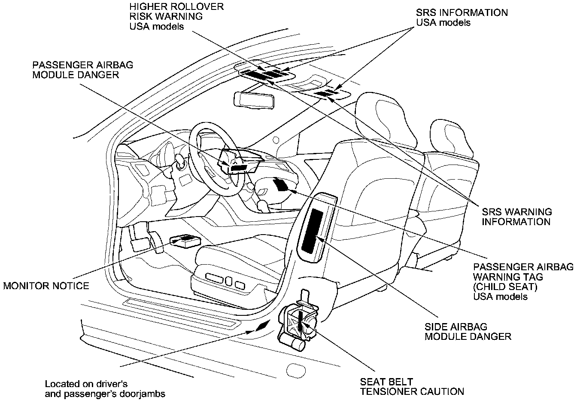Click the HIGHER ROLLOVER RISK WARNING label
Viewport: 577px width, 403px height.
coord(176,17)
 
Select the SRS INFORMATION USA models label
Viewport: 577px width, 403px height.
coord(462,17)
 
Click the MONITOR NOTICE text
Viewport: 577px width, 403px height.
coord(46,286)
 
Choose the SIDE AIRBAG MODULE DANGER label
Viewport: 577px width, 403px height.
coord(468,332)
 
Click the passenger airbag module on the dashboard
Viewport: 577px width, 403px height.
coord(239,163)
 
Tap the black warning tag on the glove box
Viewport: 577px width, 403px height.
coord(282,184)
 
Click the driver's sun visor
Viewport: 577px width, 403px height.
coord(264,72)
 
